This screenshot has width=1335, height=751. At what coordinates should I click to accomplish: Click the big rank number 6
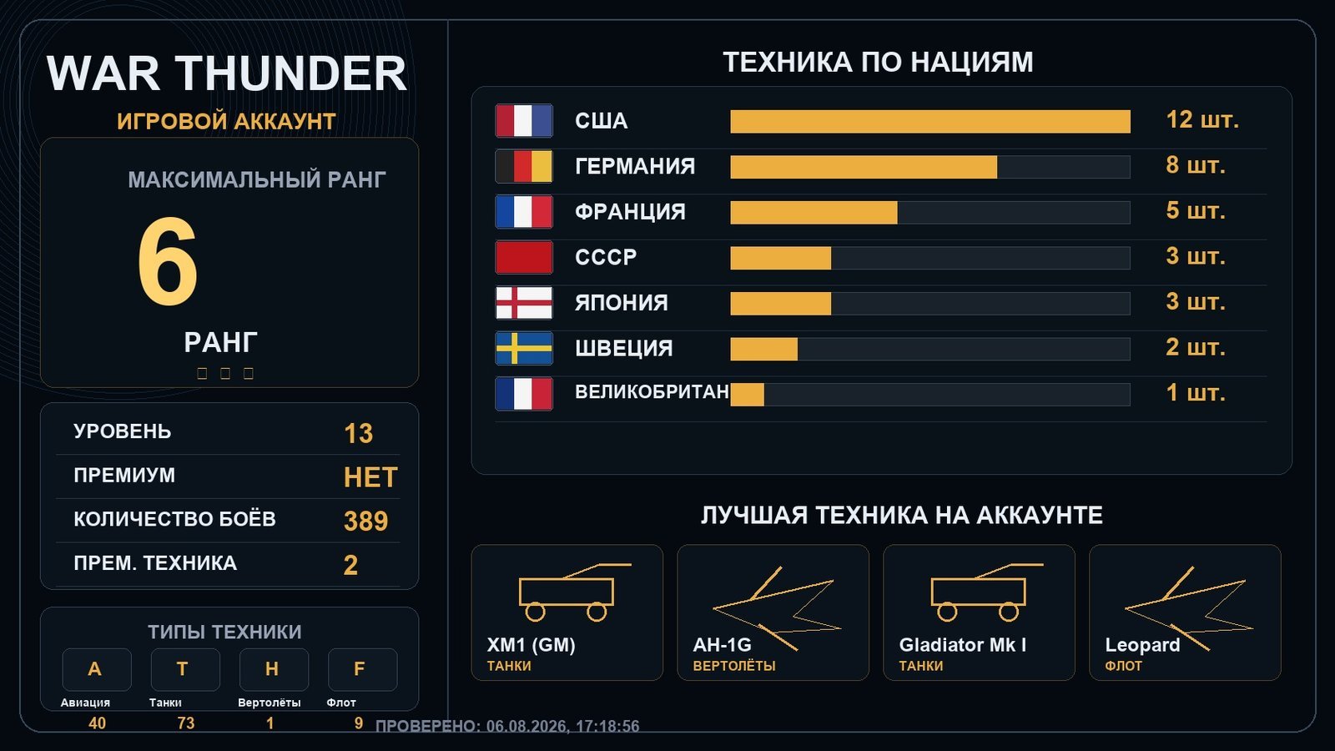click(168, 261)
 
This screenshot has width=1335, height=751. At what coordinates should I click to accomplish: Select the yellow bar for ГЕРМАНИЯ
click(864, 167)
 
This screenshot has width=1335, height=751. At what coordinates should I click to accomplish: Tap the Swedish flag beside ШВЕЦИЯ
click(524, 348)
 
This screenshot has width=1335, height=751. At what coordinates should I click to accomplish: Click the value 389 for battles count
click(366, 521)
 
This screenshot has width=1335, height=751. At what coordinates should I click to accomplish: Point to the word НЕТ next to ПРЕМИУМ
click(370, 477)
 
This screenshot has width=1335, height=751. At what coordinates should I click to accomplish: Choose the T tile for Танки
click(184, 669)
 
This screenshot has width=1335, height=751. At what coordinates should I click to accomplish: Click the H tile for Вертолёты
click(274, 669)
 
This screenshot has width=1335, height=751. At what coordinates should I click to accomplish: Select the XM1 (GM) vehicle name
click(531, 645)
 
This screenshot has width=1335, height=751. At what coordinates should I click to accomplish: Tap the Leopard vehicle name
click(1142, 645)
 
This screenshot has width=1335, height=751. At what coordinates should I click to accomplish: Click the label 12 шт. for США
click(1202, 120)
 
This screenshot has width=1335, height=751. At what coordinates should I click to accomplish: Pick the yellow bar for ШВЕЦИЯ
click(764, 350)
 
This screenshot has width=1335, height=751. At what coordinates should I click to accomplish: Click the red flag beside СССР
click(524, 258)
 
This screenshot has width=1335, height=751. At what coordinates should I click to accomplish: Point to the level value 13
click(358, 433)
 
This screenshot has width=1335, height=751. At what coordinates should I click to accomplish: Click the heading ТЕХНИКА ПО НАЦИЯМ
click(878, 63)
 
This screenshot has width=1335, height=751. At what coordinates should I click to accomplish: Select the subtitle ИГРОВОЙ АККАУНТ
click(226, 122)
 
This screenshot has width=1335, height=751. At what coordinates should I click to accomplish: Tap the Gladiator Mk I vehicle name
click(963, 645)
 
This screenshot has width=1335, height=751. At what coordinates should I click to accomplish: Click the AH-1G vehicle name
click(722, 645)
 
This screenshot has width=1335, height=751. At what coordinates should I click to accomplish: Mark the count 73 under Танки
click(186, 723)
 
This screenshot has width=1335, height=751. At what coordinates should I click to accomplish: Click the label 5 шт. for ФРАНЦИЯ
click(1196, 211)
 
